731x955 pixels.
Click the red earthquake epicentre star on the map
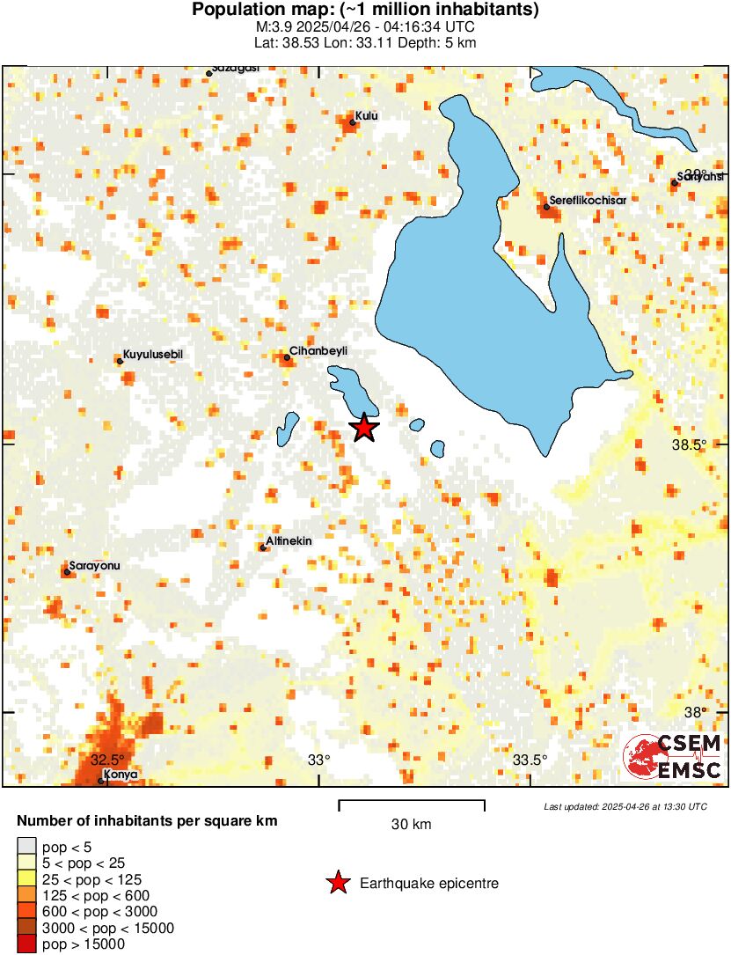pyautogui.click(x=364, y=428)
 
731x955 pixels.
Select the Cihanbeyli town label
pyautogui.click(x=318, y=350)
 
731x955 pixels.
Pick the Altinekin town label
pyautogui.click(x=290, y=541)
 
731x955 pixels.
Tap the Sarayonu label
pyautogui.click(x=97, y=565)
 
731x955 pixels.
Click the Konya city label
pyautogui.click(x=121, y=775)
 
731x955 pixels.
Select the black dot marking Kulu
pyautogui.click(x=353, y=122)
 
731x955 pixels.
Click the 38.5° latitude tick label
pyautogui.click(x=689, y=444)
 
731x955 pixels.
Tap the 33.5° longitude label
pyautogui.click(x=530, y=760)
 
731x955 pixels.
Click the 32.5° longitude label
pyautogui.click(x=107, y=759)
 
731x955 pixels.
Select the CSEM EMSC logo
pyautogui.click(x=672, y=757)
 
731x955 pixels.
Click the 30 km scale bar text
pyautogui.click(x=411, y=825)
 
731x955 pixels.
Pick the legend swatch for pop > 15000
pyautogui.click(x=26, y=944)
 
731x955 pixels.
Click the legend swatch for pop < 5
pyautogui.click(x=26, y=847)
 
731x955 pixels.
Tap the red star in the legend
pyautogui.click(x=337, y=883)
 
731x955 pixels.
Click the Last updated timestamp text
pyautogui.click(x=625, y=806)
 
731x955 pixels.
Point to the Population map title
pyautogui.click(x=365, y=11)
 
